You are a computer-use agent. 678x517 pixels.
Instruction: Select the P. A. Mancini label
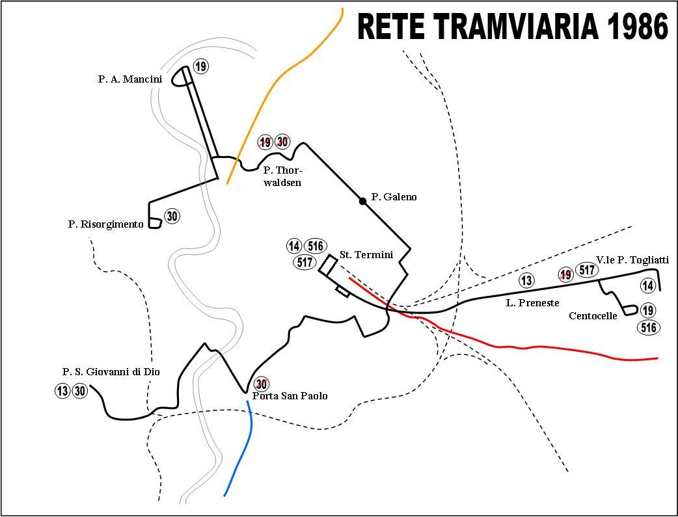(129, 79)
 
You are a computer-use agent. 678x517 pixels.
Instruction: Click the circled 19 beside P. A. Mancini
(200, 66)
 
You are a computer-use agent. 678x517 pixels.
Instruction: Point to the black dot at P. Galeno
(363, 200)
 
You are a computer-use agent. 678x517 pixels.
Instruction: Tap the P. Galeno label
(394, 197)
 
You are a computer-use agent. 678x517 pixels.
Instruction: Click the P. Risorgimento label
(105, 224)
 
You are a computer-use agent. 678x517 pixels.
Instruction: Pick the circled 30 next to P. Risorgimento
(172, 216)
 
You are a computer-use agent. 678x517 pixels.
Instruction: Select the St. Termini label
(366, 255)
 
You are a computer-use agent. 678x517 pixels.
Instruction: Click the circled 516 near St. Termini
(316, 246)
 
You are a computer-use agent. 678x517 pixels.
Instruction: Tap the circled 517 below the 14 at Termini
(305, 262)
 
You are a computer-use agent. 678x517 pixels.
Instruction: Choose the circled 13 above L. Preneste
(526, 280)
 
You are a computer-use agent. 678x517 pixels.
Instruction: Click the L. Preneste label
(533, 303)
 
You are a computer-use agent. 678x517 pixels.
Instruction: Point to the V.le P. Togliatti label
(632, 260)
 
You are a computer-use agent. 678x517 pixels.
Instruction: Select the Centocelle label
(593, 316)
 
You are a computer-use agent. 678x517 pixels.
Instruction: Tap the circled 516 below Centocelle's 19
(649, 327)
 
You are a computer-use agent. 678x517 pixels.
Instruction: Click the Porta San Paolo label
(290, 396)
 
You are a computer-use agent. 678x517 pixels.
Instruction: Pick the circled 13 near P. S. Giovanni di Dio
(62, 391)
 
